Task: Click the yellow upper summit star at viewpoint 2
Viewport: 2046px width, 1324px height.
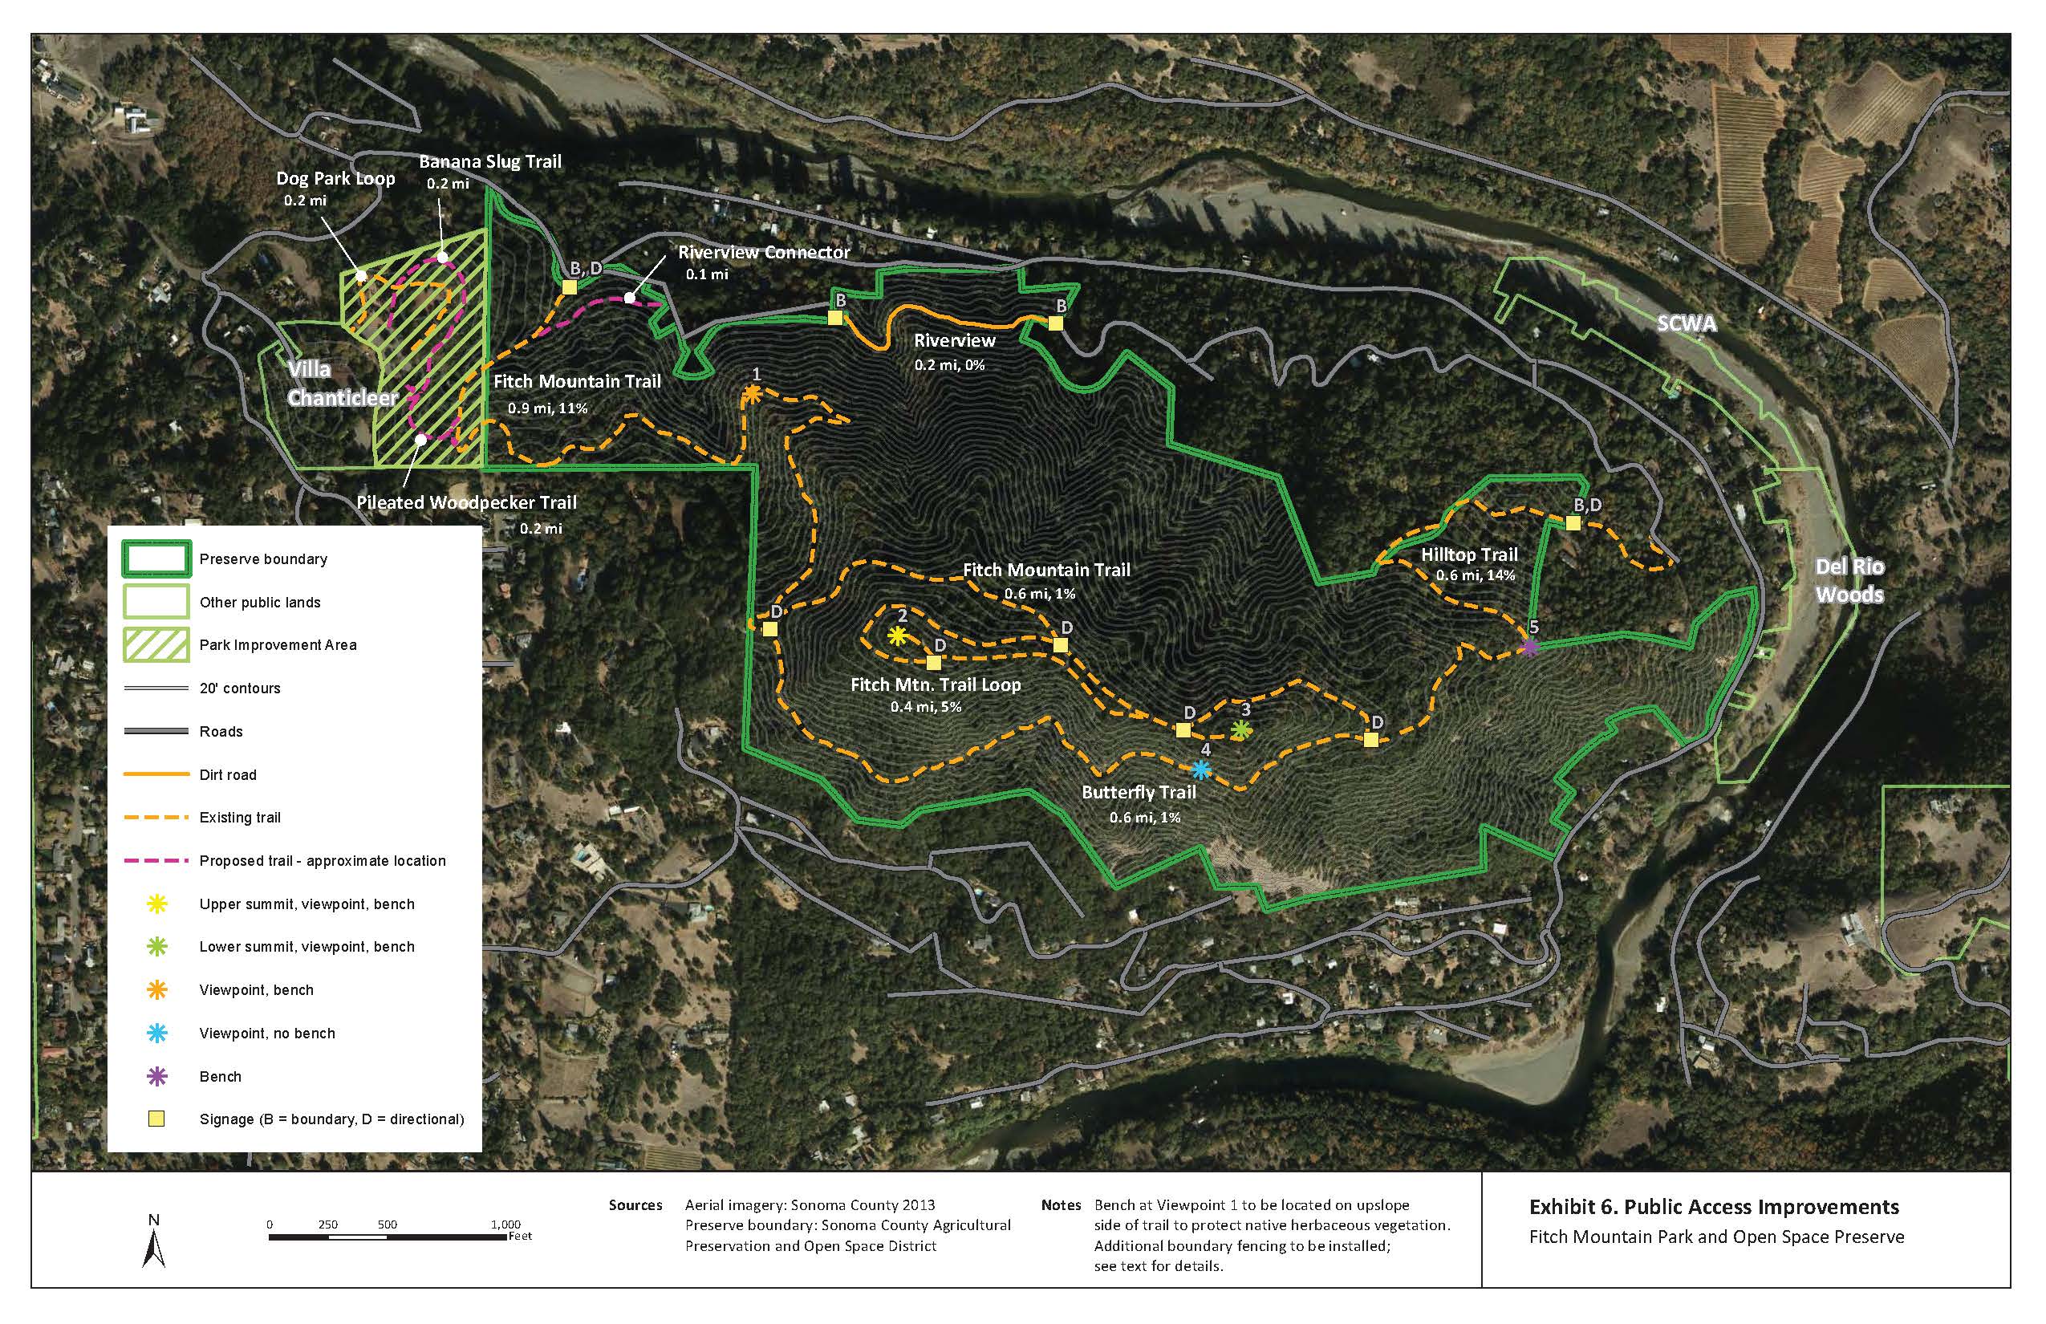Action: point(897,636)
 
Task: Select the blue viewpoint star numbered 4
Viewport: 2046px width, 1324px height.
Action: point(1202,770)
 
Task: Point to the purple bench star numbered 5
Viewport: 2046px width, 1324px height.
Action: point(1528,648)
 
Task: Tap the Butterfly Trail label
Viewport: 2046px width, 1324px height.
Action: point(1139,792)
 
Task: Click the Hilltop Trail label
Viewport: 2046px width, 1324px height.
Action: point(1469,554)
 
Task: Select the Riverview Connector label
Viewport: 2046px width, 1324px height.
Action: point(763,253)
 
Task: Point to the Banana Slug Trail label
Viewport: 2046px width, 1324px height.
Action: point(490,161)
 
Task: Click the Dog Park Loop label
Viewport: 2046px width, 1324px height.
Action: point(335,179)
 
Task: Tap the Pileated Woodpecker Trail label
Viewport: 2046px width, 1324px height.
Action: point(466,503)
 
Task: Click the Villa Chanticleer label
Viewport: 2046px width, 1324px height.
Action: point(341,384)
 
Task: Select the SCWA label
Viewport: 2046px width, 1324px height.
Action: point(1686,323)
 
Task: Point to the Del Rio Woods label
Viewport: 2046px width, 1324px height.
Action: point(1849,580)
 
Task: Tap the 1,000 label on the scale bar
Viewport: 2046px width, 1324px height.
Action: point(505,1224)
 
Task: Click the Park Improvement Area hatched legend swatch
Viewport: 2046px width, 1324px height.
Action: point(156,645)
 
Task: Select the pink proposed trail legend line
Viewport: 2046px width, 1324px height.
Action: point(156,860)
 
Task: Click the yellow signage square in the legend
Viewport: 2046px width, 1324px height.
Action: point(156,1119)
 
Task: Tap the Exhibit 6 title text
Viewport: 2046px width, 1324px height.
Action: point(1713,1207)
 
